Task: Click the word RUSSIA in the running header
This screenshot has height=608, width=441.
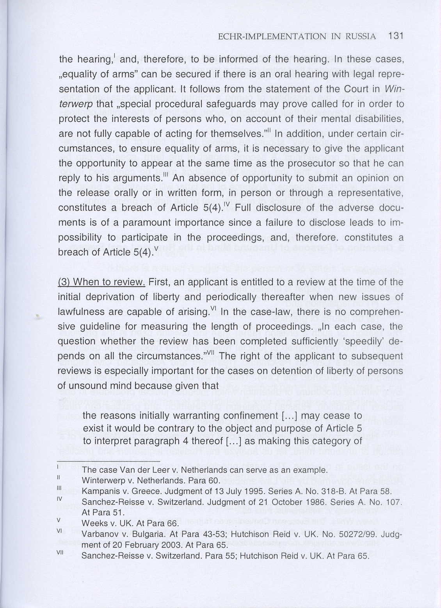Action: pos(361,37)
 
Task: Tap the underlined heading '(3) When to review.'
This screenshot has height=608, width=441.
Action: pos(101,282)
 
